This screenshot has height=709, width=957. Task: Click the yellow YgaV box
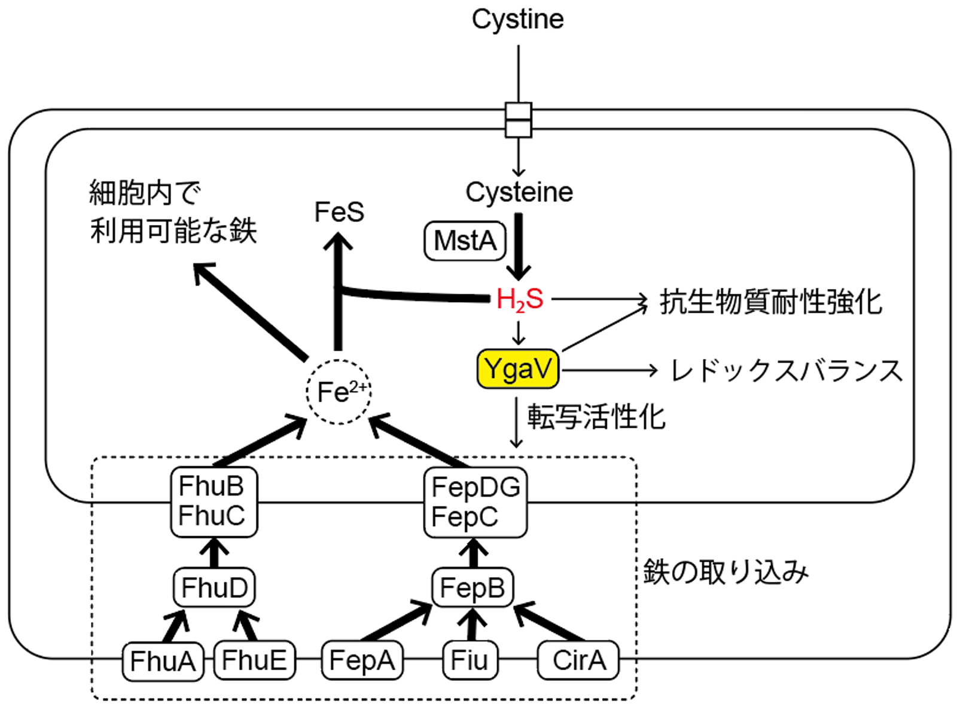tap(518, 369)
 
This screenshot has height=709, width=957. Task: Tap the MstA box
tap(465, 241)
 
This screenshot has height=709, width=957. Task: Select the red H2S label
tap(519, 299)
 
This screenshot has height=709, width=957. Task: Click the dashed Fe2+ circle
tap(339, 392)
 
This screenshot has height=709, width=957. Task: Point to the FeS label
tap(339, 212)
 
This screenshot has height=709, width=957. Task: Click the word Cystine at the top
tap(517, 19)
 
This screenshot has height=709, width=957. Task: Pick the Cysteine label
tap(519, 192)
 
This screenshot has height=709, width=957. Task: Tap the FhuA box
tap(163, 661)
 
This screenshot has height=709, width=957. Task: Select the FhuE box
tap(254, 661)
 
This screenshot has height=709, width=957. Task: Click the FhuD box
tap(214, 588)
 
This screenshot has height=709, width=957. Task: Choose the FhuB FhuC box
tap(214, 501)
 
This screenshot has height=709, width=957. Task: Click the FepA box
tap(362, 661)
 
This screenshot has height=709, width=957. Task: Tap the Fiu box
tap(470, 661)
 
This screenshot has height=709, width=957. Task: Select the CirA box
tap(578, 661)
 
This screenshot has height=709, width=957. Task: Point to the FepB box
tap(473, 588)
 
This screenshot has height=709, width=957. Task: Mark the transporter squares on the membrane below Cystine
tap(518, 120)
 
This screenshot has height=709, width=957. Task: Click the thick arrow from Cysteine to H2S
tap(519, 245)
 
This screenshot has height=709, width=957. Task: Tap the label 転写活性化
tap(596, 416)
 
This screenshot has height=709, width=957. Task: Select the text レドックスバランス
tap(786, 371)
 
